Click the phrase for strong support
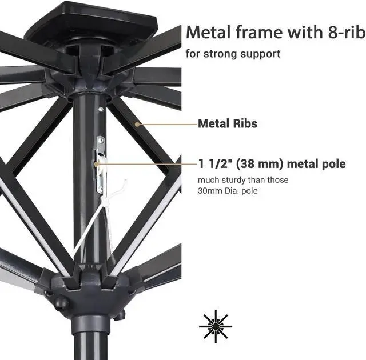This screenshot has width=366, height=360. tap(233, 54)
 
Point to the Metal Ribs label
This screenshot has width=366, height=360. tap(228, 123)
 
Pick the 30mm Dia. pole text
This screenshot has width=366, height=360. tap(228, 190)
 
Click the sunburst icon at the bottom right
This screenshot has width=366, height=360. tap(216, 326)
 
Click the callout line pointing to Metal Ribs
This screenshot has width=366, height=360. tap(166, 123)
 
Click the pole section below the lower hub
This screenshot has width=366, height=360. tap(89, 340)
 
